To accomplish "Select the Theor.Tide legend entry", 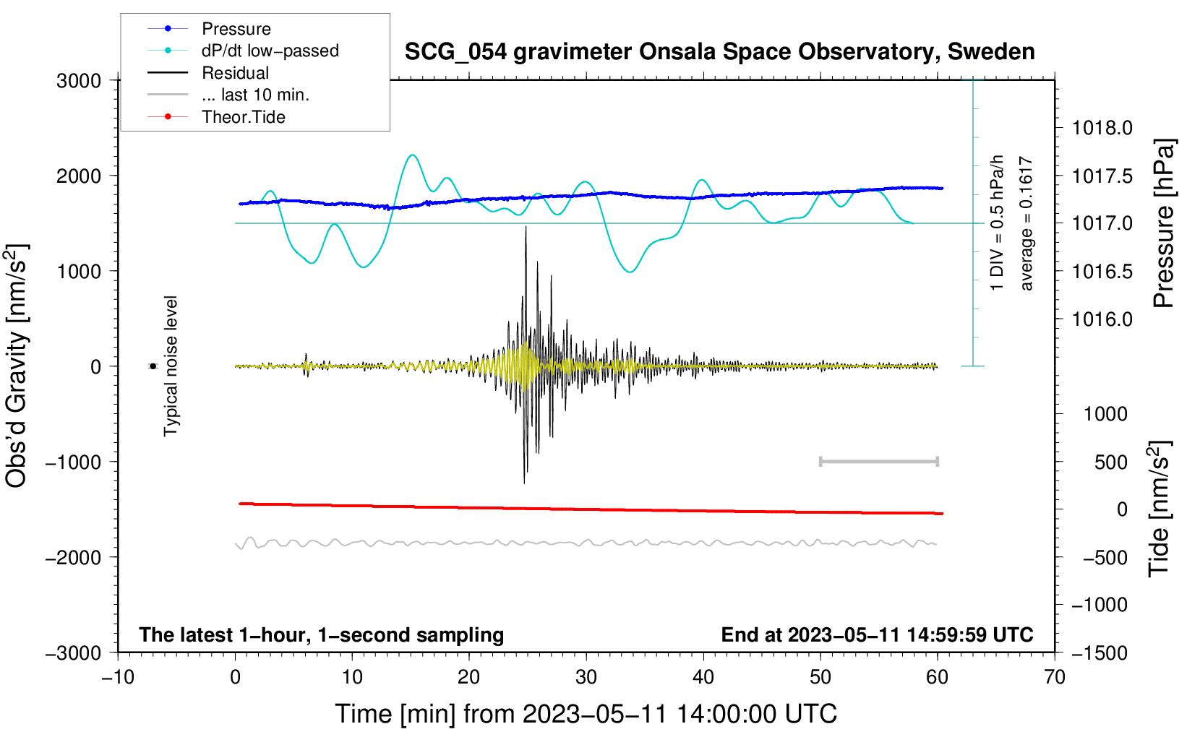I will pyautogui.click(x=243, y=117).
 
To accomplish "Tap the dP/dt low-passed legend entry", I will pyautogui.click(x=270, y=51).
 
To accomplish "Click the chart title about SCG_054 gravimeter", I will pyautogui.click(x=719, y=52).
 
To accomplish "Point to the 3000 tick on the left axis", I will pyautogui.click(x=79, y=81).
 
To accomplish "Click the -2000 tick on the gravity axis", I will pyautogui.click(x=73, y=557).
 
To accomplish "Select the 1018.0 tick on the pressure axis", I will pyautogui.click(x=1102, y=129).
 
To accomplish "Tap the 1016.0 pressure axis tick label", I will pyautogui.click(x=1102, y=319).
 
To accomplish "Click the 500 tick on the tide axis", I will pyautogui.click(x=1110, y=462).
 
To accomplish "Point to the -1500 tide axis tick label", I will pyautogui.click(x=1098, y=653).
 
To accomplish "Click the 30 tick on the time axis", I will pyautogui.click(x=586, y=678).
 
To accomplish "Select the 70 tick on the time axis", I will pyautogui.click(x=1055, y=678).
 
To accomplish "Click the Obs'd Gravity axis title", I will pyautogui.click(x=17, y=366).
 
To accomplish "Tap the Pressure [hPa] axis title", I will pyautogui.click(x=1163, y=224).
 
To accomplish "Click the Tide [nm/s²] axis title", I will pyautogui.click(x=1159, y=509).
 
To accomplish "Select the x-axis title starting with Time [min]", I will pyautogui.click(x=586, y=714).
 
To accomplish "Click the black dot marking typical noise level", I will pyautogui.click(x=153, y=366).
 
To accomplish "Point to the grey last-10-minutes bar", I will pyautogui.click(x=878, y=461).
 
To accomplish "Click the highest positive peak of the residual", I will pyautogui.click(x=526, y=228).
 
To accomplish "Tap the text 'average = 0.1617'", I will pyautogui.click(x=1026, y=224).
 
